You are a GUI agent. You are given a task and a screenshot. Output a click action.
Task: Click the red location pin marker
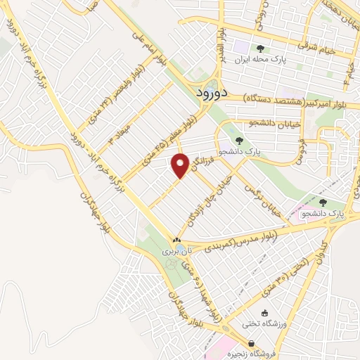(181, 165)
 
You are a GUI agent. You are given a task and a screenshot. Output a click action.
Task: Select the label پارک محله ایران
(284, 61)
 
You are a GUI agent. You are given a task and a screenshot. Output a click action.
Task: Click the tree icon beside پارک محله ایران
(261, 49)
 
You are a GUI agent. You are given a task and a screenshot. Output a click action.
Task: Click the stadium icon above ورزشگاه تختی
(265, 314)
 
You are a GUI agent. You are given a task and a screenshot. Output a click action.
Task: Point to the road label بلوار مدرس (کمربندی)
(240, 240)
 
